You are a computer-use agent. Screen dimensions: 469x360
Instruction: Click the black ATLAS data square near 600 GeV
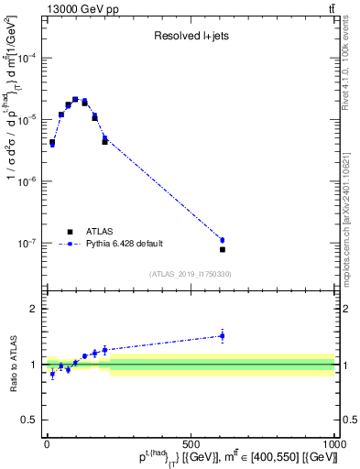pos(222,249)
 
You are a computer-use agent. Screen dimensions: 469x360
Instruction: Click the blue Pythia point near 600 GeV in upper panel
pos(222,240)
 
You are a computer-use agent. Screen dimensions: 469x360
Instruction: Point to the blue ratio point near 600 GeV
pos(222,336)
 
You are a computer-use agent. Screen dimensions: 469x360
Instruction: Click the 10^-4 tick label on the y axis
pos(27,58)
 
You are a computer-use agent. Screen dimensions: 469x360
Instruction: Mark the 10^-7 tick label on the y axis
pos(27,244)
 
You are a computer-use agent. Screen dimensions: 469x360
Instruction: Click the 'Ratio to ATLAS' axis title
pos(13,364)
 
